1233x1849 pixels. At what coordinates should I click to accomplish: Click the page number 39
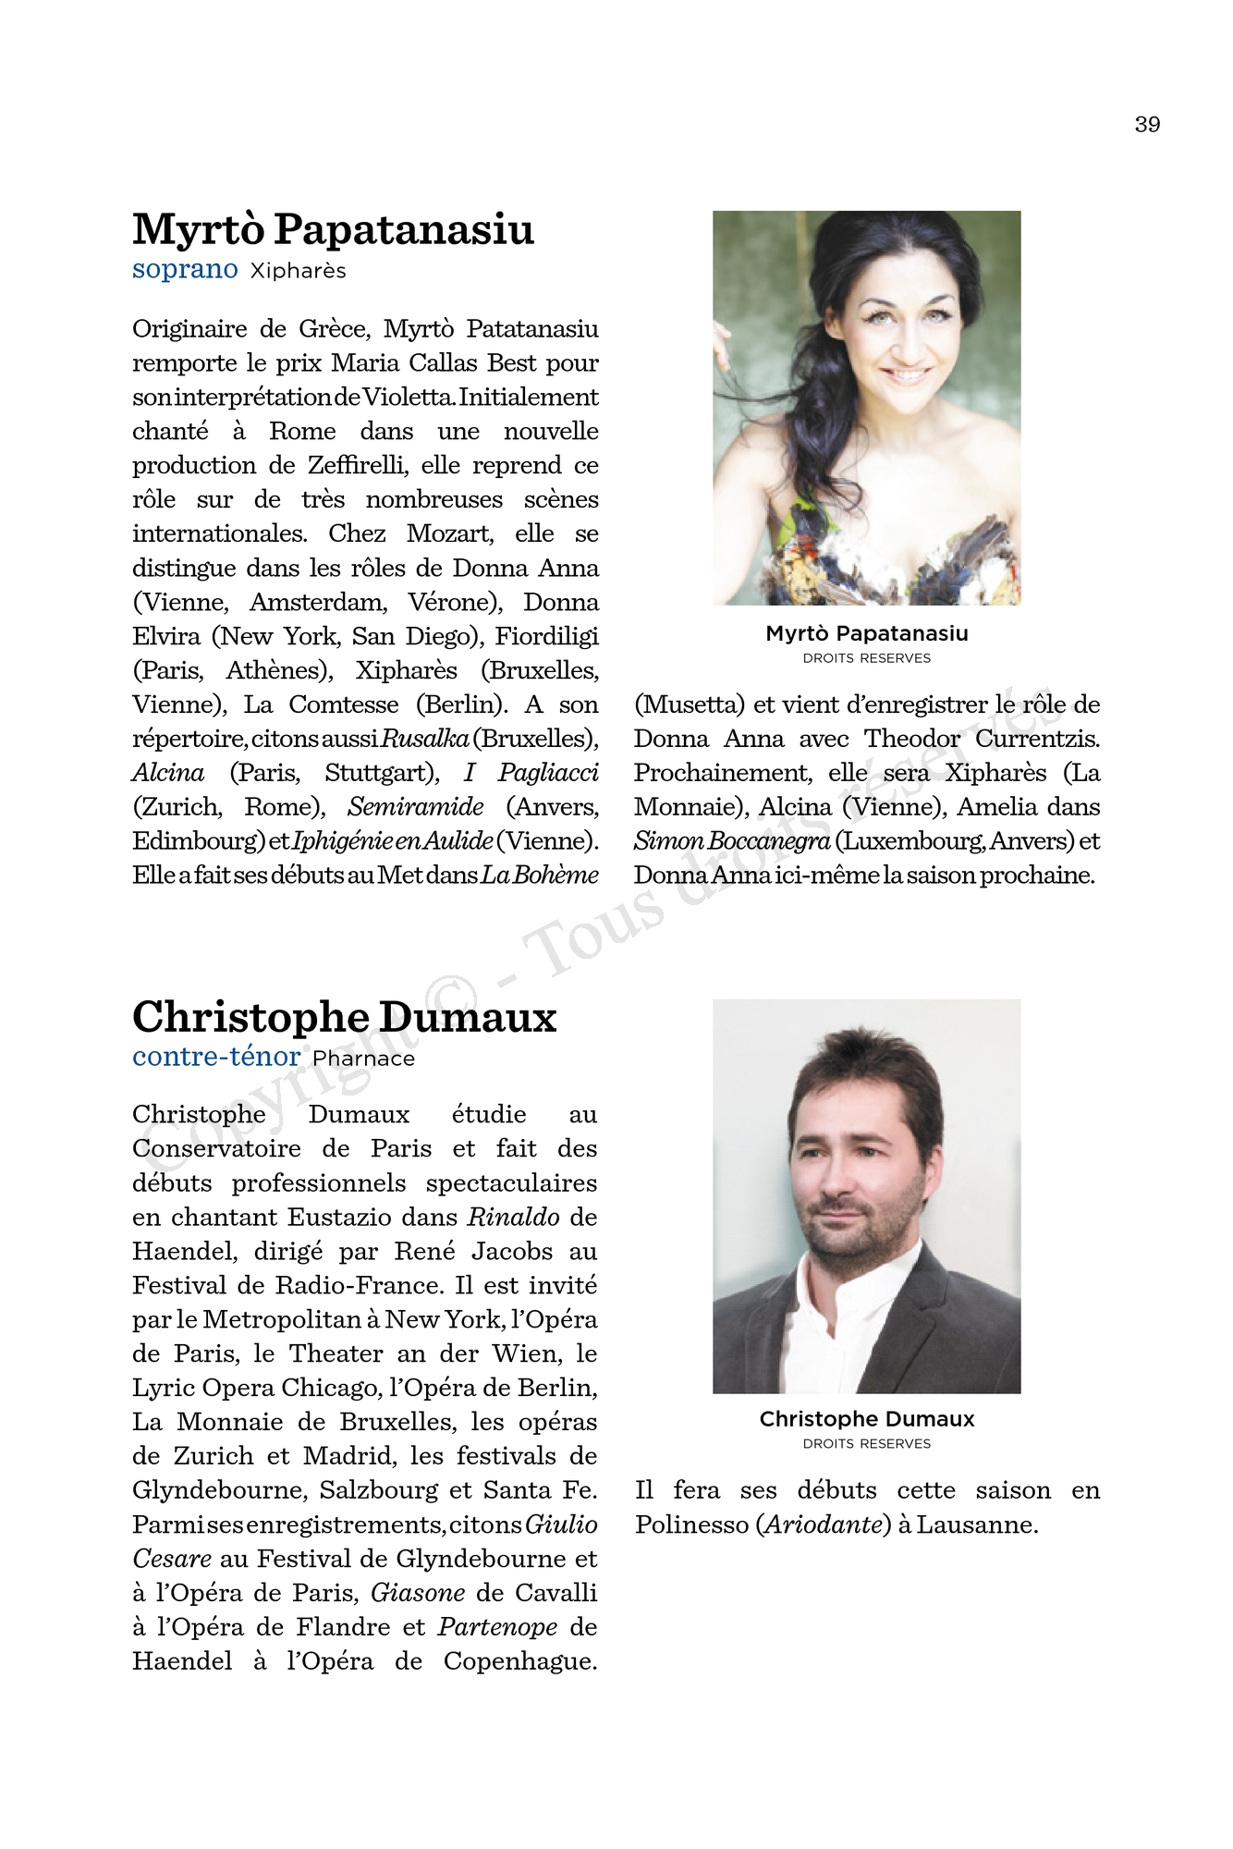point(1147,125)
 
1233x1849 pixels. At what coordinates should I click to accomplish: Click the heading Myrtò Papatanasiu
point(333,229)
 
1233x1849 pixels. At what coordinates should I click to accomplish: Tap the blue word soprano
point(185,269)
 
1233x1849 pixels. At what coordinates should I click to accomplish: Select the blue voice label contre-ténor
point(216,1057)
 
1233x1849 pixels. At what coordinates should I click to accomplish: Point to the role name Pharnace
point(363,1059)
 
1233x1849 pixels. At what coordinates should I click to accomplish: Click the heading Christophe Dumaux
point(344,1017)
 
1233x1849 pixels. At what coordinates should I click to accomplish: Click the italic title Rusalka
point(424,739)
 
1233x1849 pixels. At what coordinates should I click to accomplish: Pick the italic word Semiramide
point(415,807)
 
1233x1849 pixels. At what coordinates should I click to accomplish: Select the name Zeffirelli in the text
point(358,465)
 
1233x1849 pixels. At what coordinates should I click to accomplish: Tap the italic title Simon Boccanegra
point(731,841)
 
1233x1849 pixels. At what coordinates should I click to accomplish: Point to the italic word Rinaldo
point(514,1218)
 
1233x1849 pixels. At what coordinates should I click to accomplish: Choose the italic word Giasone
point(418,1593)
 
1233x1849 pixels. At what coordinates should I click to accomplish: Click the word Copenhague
point(519,1661)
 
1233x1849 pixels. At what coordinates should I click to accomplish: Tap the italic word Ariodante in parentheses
point(824,1525)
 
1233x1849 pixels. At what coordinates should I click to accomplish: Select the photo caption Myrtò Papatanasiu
point(867,633)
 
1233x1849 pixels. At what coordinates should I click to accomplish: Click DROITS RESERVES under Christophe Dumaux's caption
point(867,1443)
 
